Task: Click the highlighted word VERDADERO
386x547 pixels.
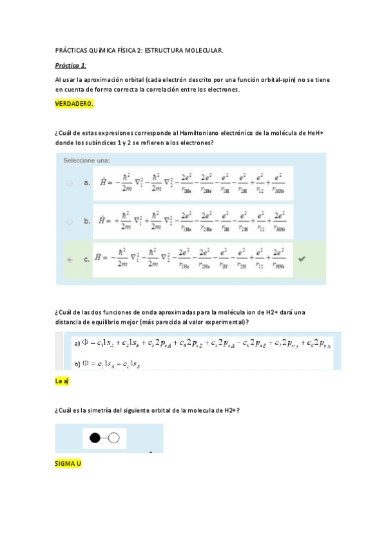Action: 75,104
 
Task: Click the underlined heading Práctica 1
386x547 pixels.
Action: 71,65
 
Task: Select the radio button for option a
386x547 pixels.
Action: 70,183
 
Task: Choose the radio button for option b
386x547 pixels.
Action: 70,221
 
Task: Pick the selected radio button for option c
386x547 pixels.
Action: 70,259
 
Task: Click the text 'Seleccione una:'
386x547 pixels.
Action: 86,160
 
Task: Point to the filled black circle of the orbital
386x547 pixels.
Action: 95,439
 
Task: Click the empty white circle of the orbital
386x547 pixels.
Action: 114,439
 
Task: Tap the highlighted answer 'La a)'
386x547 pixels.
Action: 63,381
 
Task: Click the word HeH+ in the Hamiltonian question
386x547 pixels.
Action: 315,133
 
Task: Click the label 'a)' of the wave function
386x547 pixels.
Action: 77,344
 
